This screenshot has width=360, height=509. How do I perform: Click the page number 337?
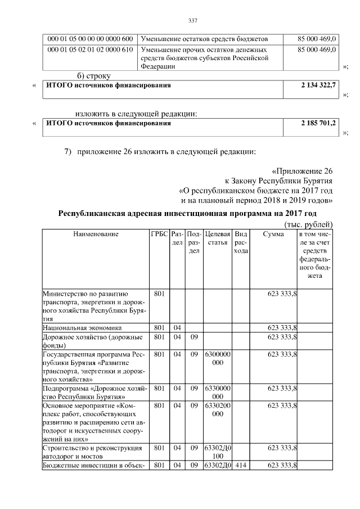pos(192,21)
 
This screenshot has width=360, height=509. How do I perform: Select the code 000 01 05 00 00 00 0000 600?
pos(90,39)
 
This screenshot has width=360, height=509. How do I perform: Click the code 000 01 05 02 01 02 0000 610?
pos(90,50)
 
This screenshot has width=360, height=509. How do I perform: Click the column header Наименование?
pos(96,233)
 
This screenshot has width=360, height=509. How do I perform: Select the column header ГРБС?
pos(159,233)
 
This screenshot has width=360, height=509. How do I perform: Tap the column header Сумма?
pos(273,233)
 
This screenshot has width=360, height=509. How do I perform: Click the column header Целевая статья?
pos(218,238)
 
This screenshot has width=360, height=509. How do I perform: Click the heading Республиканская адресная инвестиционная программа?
pos(188,214)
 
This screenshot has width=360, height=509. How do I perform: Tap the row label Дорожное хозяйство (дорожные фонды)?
pos(90,341)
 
